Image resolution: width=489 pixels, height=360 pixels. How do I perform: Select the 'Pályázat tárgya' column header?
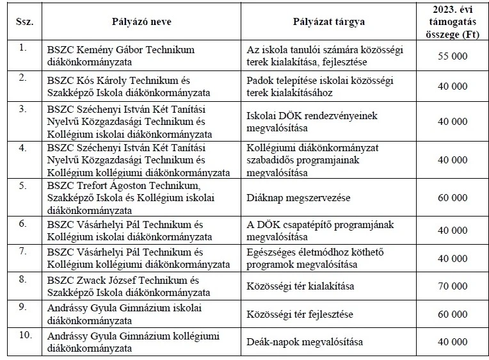(x=329, y=21)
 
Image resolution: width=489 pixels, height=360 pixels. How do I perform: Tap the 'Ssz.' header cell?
(x=24, y=21)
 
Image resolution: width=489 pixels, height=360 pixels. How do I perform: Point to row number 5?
(x=23, y=186)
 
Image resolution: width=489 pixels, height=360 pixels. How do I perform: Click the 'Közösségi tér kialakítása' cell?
(x=300, y=285)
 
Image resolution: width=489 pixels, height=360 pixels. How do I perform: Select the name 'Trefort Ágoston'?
(x=108, y=186)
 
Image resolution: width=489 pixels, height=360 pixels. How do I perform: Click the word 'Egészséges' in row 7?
(x=269, y=250)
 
